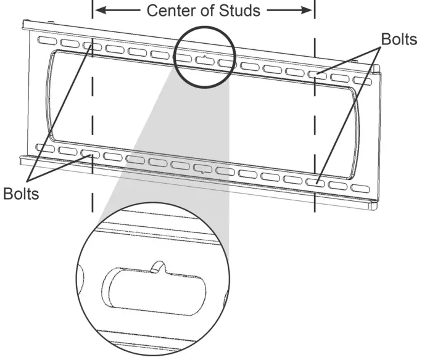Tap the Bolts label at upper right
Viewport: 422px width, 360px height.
pyautogui.click(x=399, y=39)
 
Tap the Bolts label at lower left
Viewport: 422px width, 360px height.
pyautogui.click(x=20, y=194)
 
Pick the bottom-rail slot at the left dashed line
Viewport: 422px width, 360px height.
pyautogui.click(x=89, y=153)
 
